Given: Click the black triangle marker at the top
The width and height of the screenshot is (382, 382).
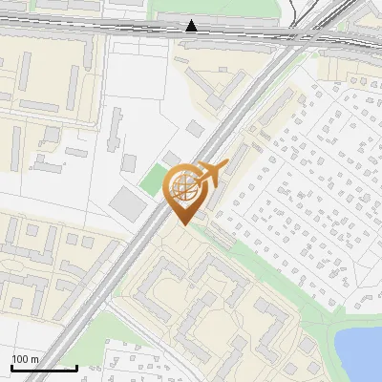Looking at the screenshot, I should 192,26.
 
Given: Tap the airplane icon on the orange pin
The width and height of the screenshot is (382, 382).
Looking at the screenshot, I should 209,173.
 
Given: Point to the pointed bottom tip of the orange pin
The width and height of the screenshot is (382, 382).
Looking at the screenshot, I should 184,224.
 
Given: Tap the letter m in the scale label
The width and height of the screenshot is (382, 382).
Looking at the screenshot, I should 35,359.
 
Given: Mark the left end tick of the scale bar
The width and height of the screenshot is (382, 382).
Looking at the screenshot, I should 11,367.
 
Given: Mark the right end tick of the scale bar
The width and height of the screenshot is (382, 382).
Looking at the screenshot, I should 76,367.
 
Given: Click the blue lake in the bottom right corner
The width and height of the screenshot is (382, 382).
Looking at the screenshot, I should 360,350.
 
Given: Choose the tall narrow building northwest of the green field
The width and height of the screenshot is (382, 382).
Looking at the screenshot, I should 116,128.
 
